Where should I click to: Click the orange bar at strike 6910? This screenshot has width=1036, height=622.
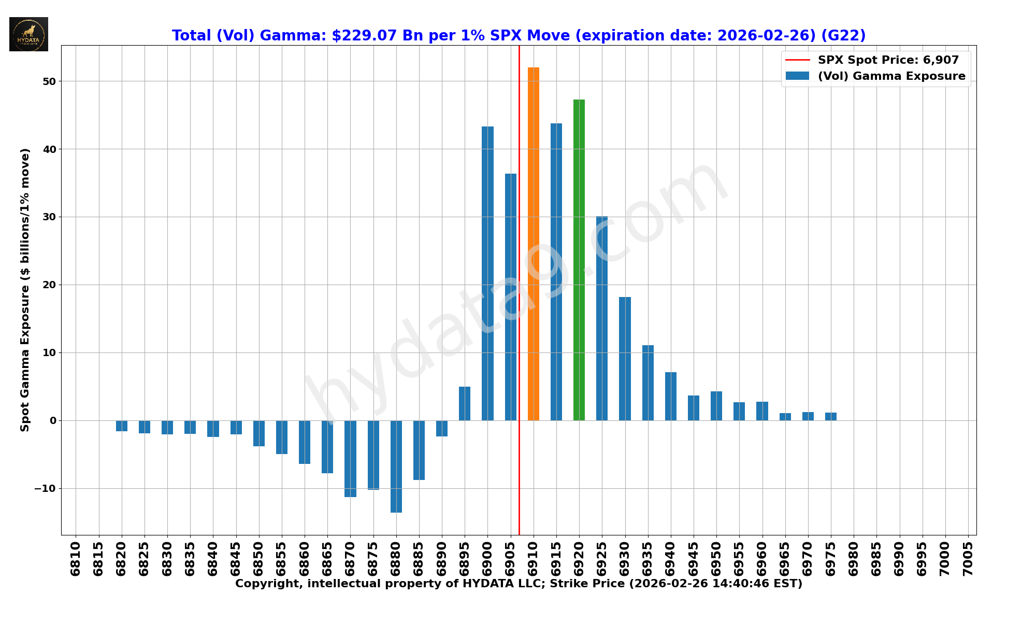[x=533, y=244]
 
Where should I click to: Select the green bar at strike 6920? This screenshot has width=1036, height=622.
[x=579, y=259]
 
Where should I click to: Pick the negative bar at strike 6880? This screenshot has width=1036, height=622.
[x=396, y=466]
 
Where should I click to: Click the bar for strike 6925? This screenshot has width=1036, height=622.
[x=602, y=318]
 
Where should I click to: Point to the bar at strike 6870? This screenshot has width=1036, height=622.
[x=350, y=459]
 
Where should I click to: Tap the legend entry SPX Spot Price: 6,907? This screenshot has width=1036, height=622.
[x=888, y=60]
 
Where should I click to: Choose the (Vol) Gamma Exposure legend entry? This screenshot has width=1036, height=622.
[x=891, y=76]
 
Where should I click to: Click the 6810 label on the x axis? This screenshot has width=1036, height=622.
[x=76, y=559]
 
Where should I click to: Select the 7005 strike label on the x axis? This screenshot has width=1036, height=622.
[x=968, y=559]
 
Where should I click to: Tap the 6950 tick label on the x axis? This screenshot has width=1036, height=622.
[x=716, y=559]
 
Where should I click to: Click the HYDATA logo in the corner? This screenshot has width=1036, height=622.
[x=28, y=34]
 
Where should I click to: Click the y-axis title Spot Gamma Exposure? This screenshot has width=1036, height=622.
[x=25, y=290]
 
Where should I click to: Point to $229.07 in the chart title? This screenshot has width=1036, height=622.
[x=364, y=36]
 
